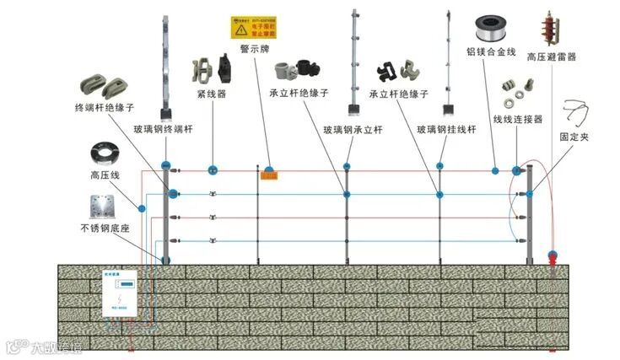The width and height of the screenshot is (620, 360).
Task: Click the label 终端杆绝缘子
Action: click(105, 109)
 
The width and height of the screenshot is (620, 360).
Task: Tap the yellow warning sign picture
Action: click(256, 28)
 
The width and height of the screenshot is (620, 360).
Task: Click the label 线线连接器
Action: click(517, 120)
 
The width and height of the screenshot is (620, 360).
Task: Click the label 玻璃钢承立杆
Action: click(353, 130)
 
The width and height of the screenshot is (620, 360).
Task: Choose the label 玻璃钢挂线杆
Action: click(447, 130)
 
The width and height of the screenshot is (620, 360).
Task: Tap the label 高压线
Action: click(105, 175)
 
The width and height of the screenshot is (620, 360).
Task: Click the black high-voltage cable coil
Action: click(107, 155)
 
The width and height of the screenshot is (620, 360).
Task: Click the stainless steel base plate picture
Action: click(105, 206)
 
